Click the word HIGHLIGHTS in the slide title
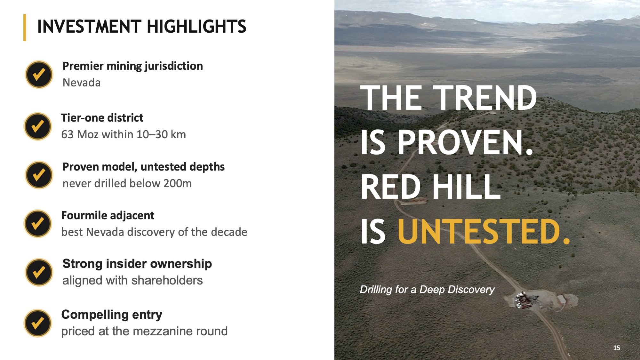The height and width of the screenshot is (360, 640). [196, 27]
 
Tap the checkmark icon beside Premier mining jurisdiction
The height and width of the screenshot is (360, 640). [39, 75]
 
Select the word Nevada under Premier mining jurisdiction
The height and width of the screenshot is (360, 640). [82, 83]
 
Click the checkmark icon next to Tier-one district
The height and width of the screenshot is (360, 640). [38, 126]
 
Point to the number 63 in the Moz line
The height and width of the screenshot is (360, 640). [67, 134]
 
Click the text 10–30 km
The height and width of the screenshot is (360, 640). [161, 134]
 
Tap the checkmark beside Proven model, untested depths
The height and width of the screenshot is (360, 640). [39, 175]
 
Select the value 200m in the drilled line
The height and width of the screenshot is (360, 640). [177, 183]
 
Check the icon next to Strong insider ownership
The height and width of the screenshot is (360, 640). [39, 272]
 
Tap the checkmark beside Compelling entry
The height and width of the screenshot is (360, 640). [38, 323]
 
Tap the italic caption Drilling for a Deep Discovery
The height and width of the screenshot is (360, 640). [427, 290]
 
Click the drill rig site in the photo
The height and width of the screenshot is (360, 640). [525, 301]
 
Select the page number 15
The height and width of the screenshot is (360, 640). [617, 348]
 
